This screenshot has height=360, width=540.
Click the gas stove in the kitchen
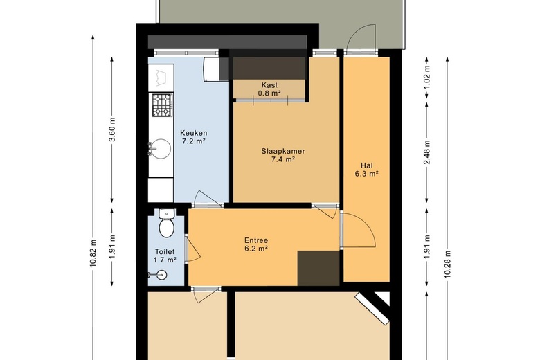click(x=163, y=105)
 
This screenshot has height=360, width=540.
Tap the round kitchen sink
click(x=161, y=149)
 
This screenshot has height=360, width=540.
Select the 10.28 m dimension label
click(x=447, y=264)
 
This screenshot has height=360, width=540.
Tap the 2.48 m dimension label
click(x=427, y=152)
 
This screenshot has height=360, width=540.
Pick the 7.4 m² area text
click(x=283, y=159)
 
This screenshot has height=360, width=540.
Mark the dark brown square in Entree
click(x=318, y=269)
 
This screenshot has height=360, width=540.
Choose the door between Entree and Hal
click(x=358, y=230)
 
